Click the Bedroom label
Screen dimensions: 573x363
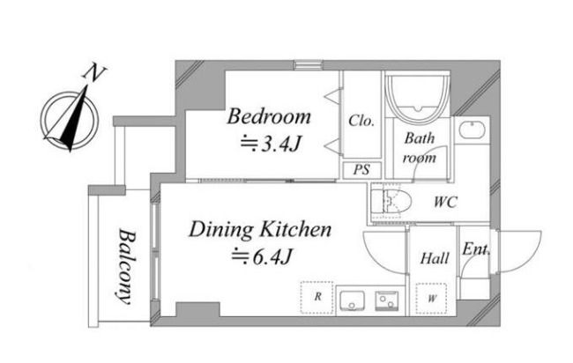(269, 116)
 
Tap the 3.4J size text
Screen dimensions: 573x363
(272, 144)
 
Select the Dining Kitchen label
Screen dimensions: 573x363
(260, 230)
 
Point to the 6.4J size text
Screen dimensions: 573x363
(263, 256)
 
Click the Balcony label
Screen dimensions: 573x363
(126, 267)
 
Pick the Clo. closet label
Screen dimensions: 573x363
(361, 121)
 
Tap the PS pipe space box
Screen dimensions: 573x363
(361, 170)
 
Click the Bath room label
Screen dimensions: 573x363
(420, 148)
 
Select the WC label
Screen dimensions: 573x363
(445, 202)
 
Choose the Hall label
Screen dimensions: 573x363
(434, 258)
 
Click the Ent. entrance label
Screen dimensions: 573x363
(476, 249)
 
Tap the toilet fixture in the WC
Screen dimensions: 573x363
(391, 201)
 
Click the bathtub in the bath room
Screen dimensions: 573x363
(418, 94)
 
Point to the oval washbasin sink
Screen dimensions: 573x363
(473, 130)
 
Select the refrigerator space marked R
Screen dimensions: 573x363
(316, 297)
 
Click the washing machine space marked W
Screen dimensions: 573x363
(431, 299)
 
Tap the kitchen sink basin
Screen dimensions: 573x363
(352, 300)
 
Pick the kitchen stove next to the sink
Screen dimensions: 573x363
(387, 300)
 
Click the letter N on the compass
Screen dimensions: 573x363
(94, 73)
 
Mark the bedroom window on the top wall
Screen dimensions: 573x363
(309, 65)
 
